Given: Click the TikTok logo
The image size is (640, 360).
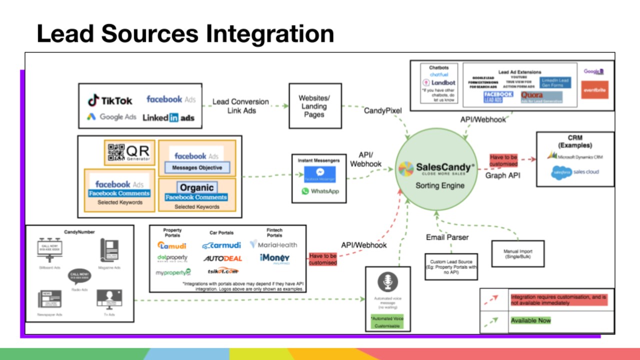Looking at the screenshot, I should (x=110, y=100).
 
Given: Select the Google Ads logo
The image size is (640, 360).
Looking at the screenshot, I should (x=111, y=117).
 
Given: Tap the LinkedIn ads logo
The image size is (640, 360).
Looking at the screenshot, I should (x=168, y=118).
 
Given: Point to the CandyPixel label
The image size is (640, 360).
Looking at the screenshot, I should (x=382, y=110).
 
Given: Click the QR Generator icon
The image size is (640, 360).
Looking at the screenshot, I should (x=128, y=152).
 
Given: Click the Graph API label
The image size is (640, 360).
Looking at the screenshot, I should (x=502, y=175).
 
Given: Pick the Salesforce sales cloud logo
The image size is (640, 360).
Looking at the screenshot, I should (x=575, y=172).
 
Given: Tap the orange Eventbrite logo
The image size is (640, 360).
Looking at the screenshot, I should (x=594, y=89).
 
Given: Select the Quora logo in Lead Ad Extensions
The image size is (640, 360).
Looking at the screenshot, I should (x=532, y=94).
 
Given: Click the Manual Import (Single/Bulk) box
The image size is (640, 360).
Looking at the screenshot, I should (x=517, y=253).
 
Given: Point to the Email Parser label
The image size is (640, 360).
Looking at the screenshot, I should (x=447, y=237).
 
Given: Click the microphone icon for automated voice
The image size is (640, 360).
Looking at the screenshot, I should (x=387, y=282).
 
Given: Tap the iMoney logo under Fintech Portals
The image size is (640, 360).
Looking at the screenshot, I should (x=274, y=258).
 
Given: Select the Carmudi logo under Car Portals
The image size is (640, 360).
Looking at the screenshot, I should (x=221, y=245).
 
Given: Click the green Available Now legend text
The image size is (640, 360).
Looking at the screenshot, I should (x=530, y=320).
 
